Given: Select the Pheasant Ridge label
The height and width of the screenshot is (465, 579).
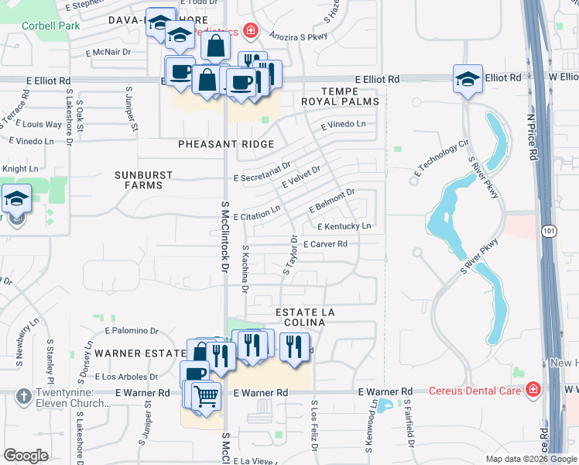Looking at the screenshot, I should click(226, 144).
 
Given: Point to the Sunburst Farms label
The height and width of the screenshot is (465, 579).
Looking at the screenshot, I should click(143, 181).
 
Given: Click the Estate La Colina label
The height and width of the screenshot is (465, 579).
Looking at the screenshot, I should click(306, 317).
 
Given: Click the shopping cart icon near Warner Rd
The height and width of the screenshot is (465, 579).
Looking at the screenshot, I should click(206, 397).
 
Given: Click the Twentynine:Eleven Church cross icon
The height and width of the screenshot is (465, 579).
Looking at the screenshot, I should click(21, 394).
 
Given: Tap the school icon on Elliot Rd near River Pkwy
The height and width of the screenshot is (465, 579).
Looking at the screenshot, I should click(468, 78).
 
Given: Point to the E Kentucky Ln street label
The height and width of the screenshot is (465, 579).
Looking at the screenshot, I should click(344, 226).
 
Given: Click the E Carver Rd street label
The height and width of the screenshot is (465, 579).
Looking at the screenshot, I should click(324, 243).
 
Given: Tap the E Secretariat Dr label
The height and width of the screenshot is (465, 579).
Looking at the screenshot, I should click(262, 172).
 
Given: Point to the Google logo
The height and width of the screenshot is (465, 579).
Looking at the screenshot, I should click(26, 455).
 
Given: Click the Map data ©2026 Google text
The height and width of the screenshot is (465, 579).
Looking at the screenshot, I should click(530, 459).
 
